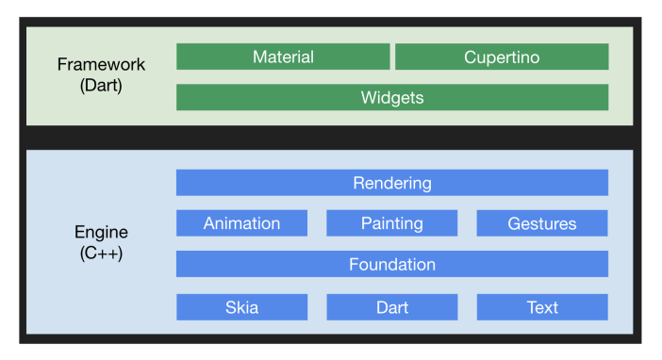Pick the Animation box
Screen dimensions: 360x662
tap(241, 223)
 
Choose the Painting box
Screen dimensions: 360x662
tap(391, 223)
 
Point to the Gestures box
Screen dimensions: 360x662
tap(542, 223)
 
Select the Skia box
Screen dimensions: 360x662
tap(241, 307)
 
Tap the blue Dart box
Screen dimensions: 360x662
tap(391, 307)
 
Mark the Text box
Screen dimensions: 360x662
tap(542, 307)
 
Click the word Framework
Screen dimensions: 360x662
tap(102, 65)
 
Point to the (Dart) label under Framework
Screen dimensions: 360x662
tap(102, 85)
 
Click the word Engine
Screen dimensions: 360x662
tap(102, 232)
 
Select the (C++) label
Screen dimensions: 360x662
tap(102, 253)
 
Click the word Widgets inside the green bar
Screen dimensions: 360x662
tap(392, 97)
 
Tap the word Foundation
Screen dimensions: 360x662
tap(392, 264)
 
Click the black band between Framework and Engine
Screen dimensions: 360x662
tap(330, 138)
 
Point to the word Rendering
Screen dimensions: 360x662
tap(392, 183)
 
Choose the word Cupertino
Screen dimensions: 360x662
tap(502, 57)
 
